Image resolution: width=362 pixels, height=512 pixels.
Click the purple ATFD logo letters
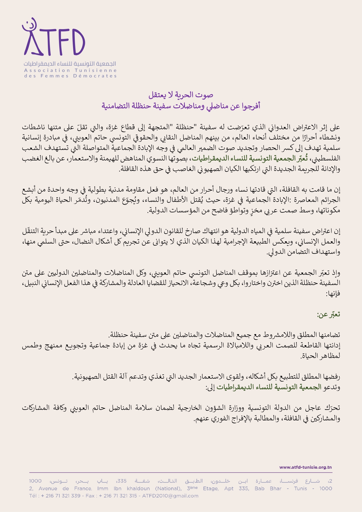[x=55, y=42]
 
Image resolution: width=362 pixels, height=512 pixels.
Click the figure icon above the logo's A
[x=30, y=25]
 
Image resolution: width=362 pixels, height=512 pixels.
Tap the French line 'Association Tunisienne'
[x=70, y=70]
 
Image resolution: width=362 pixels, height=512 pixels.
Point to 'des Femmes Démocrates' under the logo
[x=70, y=76]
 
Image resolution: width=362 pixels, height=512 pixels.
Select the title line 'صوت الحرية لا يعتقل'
[x=181, y=95]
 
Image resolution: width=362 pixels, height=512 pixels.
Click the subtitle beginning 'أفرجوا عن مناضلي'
[x=181, y=106]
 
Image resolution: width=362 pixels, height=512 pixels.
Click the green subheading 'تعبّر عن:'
[x=329, y=314]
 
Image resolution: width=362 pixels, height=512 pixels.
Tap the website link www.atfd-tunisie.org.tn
[x=305, y=467]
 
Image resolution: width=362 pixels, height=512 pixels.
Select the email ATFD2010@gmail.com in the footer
[x=170, y=496]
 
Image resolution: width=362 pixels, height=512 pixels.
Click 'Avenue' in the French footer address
[x=48, y=488]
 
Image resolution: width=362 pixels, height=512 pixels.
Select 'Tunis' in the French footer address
[x=300, y=488]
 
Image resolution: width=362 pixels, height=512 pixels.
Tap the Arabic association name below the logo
[x=70, y=64]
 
